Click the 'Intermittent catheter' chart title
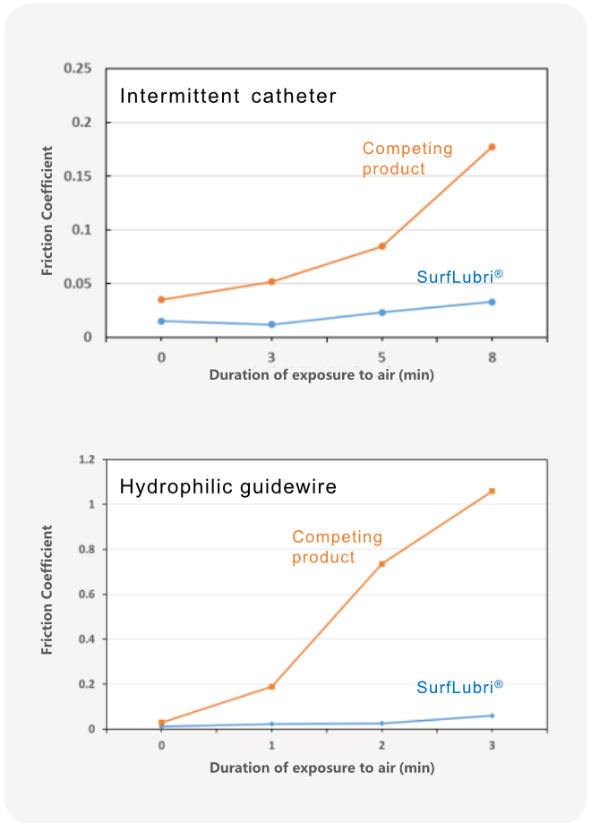(227, 96)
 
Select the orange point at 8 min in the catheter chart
(492, 147)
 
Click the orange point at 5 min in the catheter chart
(381, 246)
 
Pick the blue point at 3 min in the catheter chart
(271, 324)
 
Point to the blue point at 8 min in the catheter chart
(492, 302)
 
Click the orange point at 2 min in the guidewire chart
(381, 563)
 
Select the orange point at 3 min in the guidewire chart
(492, 491)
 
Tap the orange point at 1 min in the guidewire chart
(271, 687)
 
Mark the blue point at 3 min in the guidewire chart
(492, 716)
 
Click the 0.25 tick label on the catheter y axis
(78, 69)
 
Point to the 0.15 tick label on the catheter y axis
(78, 176)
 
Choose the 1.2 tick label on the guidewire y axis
(86, 459)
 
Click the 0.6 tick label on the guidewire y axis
(86, 595)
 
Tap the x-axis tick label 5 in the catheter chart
(381, 356)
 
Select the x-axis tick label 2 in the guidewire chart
(381, 747)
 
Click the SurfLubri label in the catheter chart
(456, 277)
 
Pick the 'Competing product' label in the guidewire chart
(337, 546)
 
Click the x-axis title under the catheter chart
(321, 375)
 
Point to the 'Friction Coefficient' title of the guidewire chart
(47, 590)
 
